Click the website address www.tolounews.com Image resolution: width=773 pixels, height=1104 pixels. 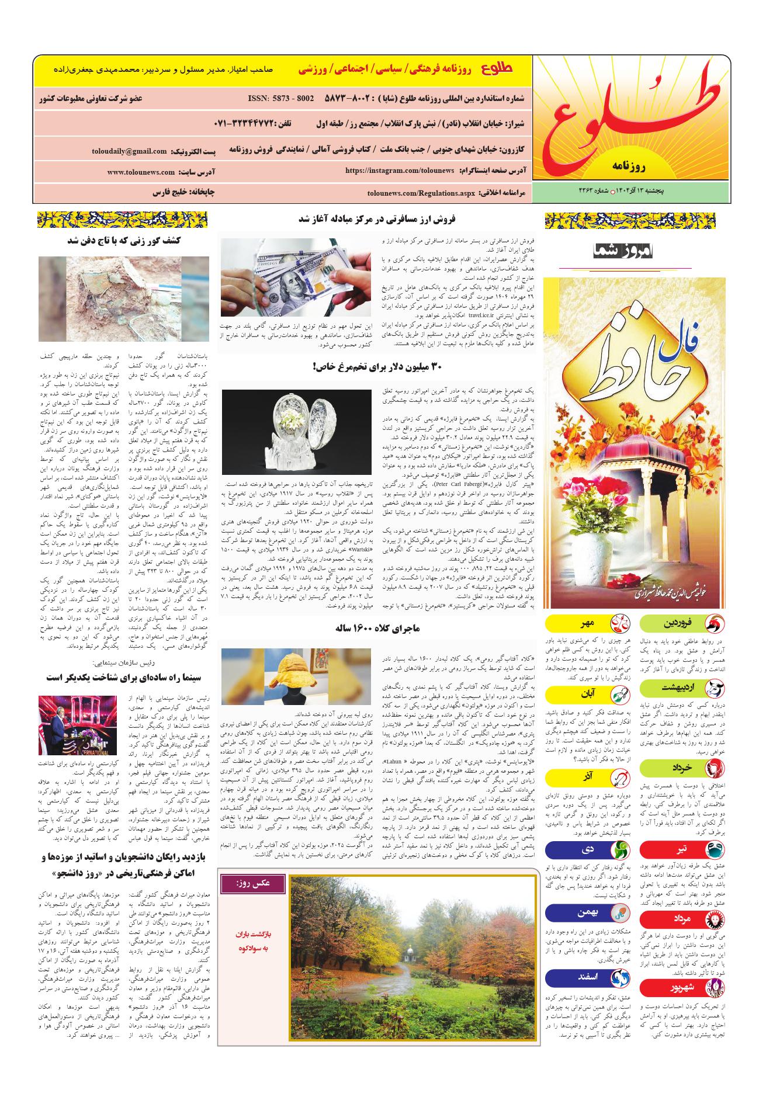pyautogui.click(x=141, y=172)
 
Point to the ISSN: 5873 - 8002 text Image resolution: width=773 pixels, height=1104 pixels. pyautogui.click(x=281, y=99)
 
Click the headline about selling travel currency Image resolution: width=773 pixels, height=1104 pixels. pyautogui.click(x=377, y=220)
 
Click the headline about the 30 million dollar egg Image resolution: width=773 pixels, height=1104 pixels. pyautogui.click(x=377, y=367)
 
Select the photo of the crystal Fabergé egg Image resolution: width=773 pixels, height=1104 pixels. pyautogui.click(x=297, y=431)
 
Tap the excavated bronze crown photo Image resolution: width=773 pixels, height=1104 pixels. pyautogui.click(x=124, y=298)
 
